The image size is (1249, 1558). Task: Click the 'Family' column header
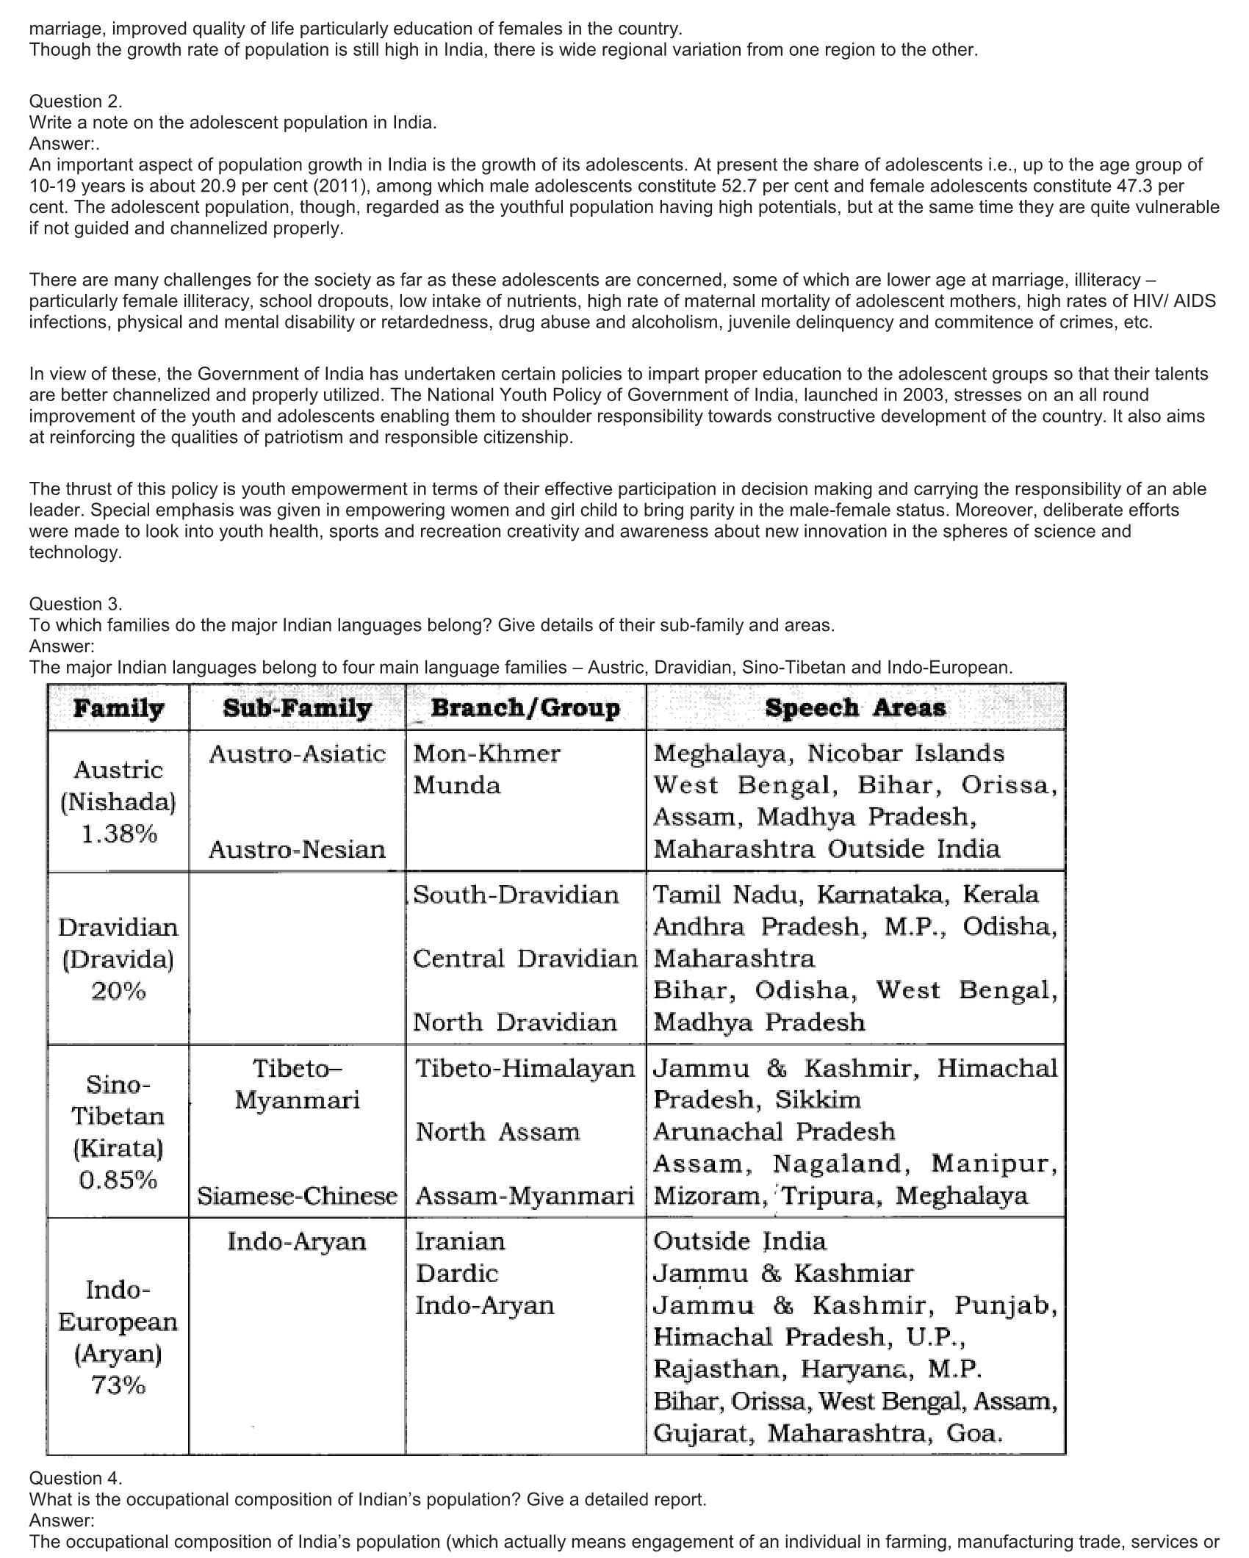[118, 708]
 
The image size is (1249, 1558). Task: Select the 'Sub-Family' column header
[297, 708]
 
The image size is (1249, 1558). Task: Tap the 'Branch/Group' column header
[525, 708]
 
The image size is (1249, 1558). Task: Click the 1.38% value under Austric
[118, 834]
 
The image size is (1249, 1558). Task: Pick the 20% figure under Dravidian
[118, 992]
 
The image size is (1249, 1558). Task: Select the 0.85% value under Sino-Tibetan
[118, 1180]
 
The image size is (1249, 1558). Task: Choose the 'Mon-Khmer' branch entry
[487, 754]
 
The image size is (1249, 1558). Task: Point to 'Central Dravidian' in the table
[525, 959]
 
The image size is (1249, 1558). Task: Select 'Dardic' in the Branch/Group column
[457, 1273]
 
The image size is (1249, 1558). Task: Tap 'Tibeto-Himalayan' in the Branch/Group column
[525, 1068]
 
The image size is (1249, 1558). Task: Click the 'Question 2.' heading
[76, 101]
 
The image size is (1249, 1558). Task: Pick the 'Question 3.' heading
[76, 604]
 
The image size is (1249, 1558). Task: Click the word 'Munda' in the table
[457, 785]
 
